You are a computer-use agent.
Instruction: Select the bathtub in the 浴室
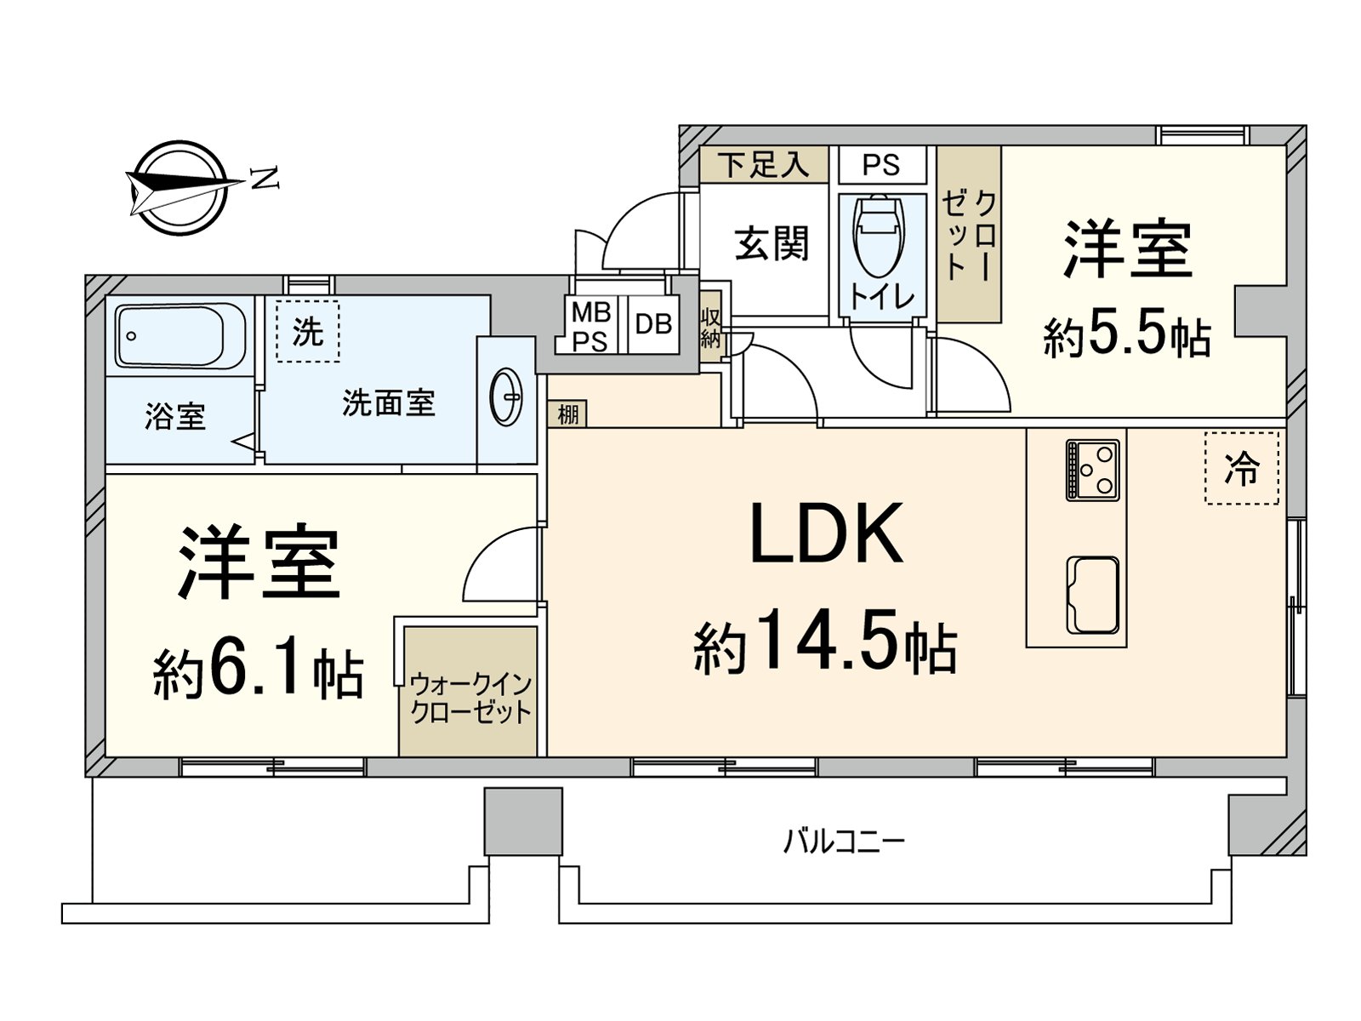coord(179,335)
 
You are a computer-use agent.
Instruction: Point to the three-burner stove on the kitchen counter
coord(1092,470)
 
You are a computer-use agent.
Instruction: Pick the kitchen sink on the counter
coord(1092,595)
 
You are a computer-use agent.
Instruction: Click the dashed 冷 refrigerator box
coord(1241,468)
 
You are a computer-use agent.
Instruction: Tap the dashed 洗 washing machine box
coord(308,332)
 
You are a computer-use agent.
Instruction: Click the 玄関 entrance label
coord(772,243)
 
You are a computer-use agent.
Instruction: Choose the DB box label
coord(653,323)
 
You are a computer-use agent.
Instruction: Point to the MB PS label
coord(591,327)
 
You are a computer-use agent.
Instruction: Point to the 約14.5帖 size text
coord(825,641)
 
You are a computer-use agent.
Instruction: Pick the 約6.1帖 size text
coord(258,673)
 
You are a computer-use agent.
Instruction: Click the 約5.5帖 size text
coord(1127,335)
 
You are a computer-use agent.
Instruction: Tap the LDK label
coord(827,533)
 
